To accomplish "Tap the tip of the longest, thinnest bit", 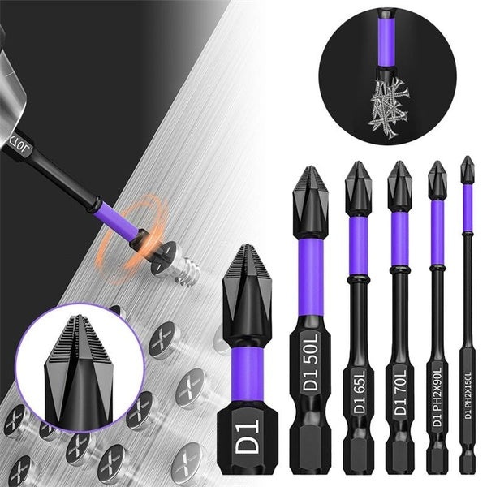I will pos(466,160).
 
